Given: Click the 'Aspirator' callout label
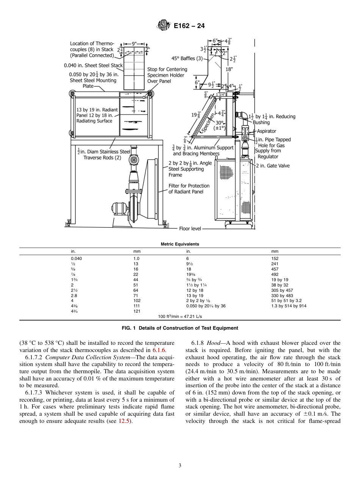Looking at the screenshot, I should tap(266, 131).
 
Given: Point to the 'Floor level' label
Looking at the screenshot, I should tap(190, 229).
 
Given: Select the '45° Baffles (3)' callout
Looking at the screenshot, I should tap(187, 58).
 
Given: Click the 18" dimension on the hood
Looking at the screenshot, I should tap(229, 69).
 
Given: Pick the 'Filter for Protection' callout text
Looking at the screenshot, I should tap(189, 186).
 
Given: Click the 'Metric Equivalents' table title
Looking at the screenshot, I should tap(180, 244).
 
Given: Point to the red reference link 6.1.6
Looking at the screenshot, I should tap(159, 349).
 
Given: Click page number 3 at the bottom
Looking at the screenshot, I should tap(180, 465).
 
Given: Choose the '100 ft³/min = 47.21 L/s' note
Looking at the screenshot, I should tap(180, 316).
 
